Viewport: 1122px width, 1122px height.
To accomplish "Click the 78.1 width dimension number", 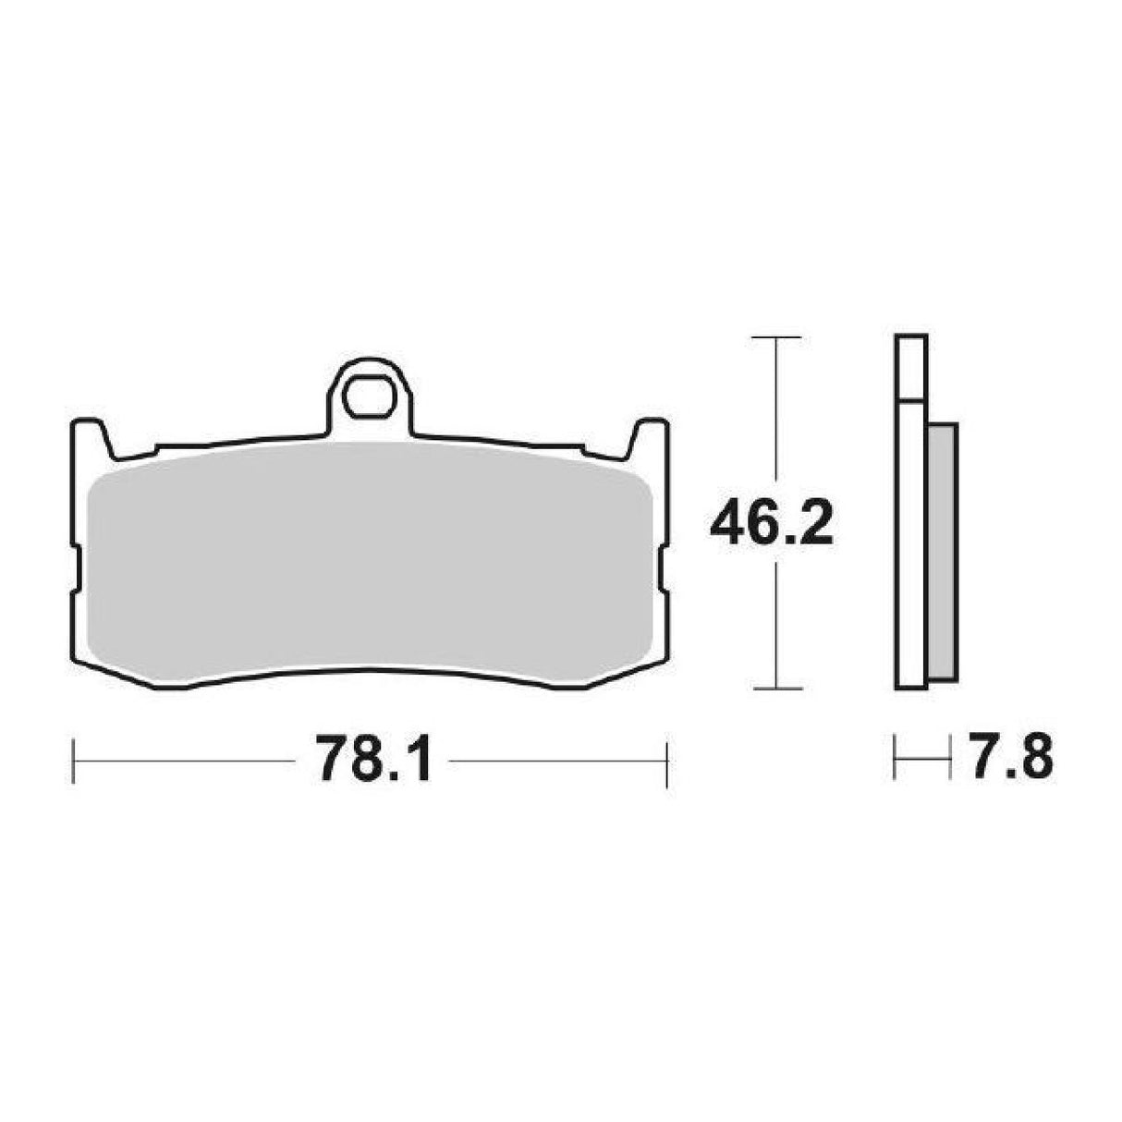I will pos(372,761).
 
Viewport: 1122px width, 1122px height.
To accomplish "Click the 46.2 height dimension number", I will pos(773,527).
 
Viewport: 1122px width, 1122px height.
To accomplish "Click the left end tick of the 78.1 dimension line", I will pos(74,762).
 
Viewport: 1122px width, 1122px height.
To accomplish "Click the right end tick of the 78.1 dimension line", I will pos(666,762).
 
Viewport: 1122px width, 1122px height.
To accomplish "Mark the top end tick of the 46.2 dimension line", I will pos(775,339).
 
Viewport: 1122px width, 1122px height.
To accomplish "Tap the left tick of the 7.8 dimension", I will pos(896,762).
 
